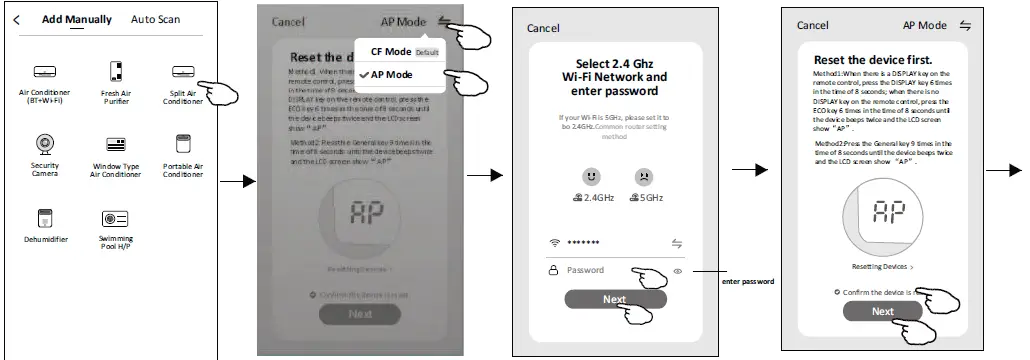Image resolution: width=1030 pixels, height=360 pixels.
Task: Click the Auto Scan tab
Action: [x=156, y=19]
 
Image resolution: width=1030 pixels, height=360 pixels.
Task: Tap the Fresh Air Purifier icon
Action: [x=115, y=71]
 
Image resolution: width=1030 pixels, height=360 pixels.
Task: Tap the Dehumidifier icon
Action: [x=45, y=217]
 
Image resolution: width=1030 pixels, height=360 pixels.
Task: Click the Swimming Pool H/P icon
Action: [x=115, y=217]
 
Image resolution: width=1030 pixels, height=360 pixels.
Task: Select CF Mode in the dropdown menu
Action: [x=391, y=51]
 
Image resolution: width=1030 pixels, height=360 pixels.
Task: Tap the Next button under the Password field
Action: [x=613, y=299]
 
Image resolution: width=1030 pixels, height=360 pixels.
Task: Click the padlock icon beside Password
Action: [x=552, y=270]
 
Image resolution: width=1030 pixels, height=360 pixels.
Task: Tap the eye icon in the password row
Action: [x=678, y=270]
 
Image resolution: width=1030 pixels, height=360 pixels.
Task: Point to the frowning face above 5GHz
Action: [x=643, y=177]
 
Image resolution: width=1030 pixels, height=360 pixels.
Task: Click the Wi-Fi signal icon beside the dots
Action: [x=555, y=243]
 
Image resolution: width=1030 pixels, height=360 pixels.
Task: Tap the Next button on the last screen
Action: [x=882, y=311]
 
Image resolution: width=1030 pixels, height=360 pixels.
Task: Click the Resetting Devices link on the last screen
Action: [x=881, y=267]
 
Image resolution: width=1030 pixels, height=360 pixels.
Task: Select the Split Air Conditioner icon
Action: [x=183, y=71]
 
